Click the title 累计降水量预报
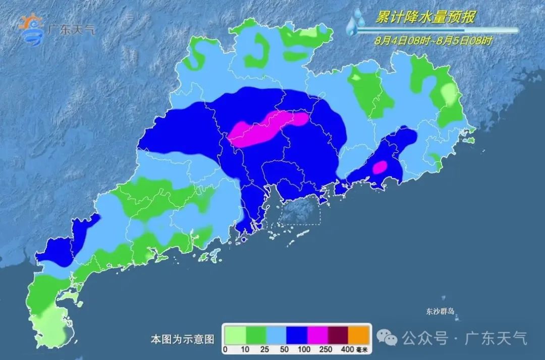[x=425, y=18]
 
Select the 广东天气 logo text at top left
[x=70, y=28]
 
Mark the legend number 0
[x=225, y=349]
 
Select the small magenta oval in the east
[x=379, y=167]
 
